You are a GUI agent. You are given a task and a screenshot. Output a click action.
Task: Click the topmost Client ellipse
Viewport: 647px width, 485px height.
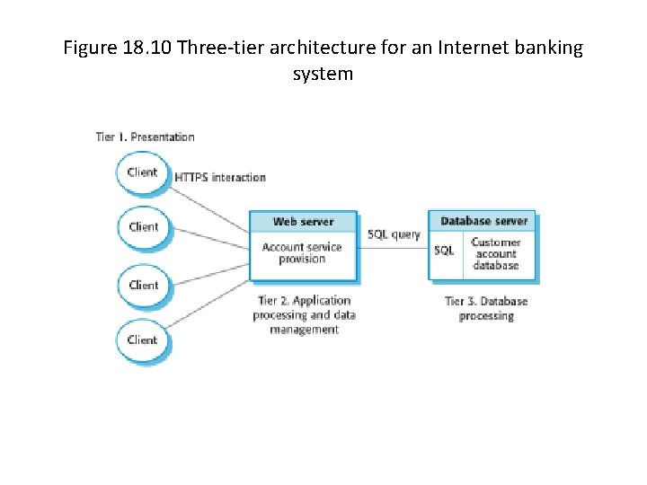[x=142, y=172]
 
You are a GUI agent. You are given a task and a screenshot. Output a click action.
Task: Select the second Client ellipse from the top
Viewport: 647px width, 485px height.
[x=142, y=227]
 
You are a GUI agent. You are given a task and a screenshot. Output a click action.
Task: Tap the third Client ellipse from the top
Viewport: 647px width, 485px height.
[x=142, y=285]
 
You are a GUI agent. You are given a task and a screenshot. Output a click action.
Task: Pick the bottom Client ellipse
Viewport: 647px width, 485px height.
[x=142, y=339]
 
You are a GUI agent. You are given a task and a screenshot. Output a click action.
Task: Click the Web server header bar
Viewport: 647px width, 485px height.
[x=303, y=222]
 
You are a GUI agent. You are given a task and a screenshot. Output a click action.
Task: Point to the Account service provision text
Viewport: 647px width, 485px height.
[x=302, y=253]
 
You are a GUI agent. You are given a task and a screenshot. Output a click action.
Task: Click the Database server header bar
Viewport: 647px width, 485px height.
[x=483, y=221]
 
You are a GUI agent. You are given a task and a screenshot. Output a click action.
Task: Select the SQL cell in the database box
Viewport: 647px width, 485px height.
[x=445, y=251]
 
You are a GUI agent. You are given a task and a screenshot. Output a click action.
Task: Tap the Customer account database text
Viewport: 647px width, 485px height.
[x=496, y=254]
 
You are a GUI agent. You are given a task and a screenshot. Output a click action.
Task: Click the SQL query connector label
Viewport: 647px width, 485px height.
[x=394, y=234]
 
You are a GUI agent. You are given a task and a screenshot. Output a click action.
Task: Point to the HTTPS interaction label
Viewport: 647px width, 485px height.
[x=220, y=178]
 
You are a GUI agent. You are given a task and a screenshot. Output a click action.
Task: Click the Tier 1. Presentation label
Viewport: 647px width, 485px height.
[x=145, y=137]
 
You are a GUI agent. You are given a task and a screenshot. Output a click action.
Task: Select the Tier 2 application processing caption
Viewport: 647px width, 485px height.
[x=304, y=315]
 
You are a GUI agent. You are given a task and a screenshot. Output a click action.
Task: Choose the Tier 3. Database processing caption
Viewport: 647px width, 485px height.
[x=486, y=308]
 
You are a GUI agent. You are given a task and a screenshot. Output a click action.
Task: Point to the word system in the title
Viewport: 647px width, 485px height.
[x=323, y=74]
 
